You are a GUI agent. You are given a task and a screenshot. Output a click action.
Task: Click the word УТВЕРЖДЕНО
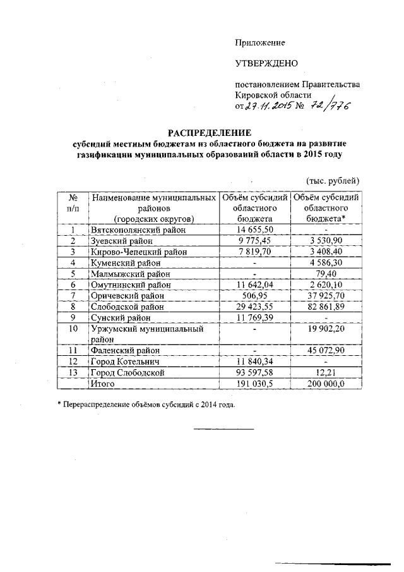tap(266, 63)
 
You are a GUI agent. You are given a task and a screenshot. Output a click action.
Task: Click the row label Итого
tap(102, 383)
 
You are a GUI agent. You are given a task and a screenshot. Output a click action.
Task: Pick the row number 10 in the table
tap(74, 329)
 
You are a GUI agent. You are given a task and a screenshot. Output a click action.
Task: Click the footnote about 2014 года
tap(149, 405)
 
